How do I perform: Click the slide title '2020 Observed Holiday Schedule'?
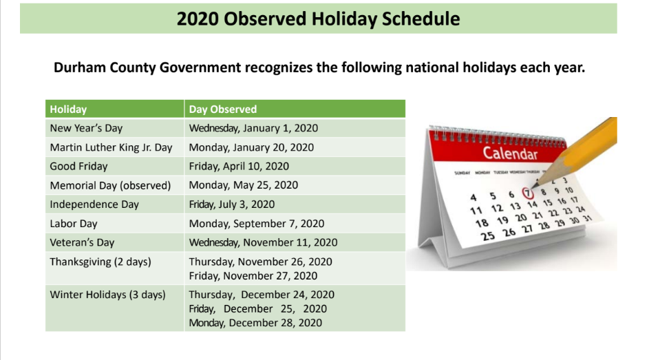318,19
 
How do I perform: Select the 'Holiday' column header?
68,109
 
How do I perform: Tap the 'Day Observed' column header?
223,109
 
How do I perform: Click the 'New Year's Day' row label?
86,128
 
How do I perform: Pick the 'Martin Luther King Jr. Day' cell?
111,147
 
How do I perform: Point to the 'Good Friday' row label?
78,166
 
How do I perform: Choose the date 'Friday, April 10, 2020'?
239,166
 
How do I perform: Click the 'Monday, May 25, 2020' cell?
244,185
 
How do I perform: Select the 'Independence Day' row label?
94,204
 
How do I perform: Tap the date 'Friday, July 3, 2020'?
232,204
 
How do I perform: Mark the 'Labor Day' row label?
73,224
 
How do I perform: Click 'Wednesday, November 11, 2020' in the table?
264,242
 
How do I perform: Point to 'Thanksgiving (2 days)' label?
100,262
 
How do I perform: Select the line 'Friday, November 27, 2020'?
253,276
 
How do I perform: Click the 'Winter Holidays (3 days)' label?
107,295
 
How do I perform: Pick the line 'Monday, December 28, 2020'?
255,323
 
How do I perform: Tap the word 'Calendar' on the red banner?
510,153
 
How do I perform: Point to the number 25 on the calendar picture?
488,236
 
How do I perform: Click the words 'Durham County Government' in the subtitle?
147,68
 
